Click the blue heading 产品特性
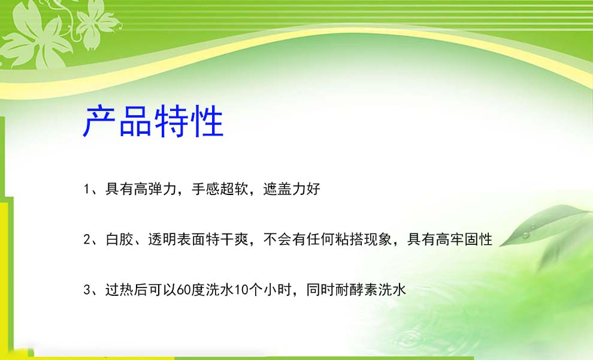pyautogui.click(x=153, y=121)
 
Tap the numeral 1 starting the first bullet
pyautogui.click(x=87, y=189)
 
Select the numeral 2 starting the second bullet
pyautogui.click(x=87, y=239)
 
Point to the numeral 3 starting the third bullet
pyautogui.click(x=87, y=290)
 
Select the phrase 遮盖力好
pyautogui.click(x=292, y=189)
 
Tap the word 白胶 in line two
pyautogui.click(x=120, y=239)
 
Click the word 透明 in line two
pyautogui.click(x=162, y=239)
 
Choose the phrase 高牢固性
pyautogui.click(x=464, y=239)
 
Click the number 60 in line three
pyautogui.click(x=184, y=290)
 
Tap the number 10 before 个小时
pyautogui.click(x=241, y=290)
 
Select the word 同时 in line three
pyautogui.click(x=320, y=290)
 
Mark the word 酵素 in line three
pyautogui.click(x=364, y=290)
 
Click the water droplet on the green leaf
pyautogui.click(x=526, y=235)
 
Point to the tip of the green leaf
pyautogui.click(x=500, y=247)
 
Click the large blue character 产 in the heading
pyautogui.click(x=99, y=121)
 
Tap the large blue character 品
pyautogui.click(x=135, y=121)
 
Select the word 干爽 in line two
pyautogui.click(x=234, y=239)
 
